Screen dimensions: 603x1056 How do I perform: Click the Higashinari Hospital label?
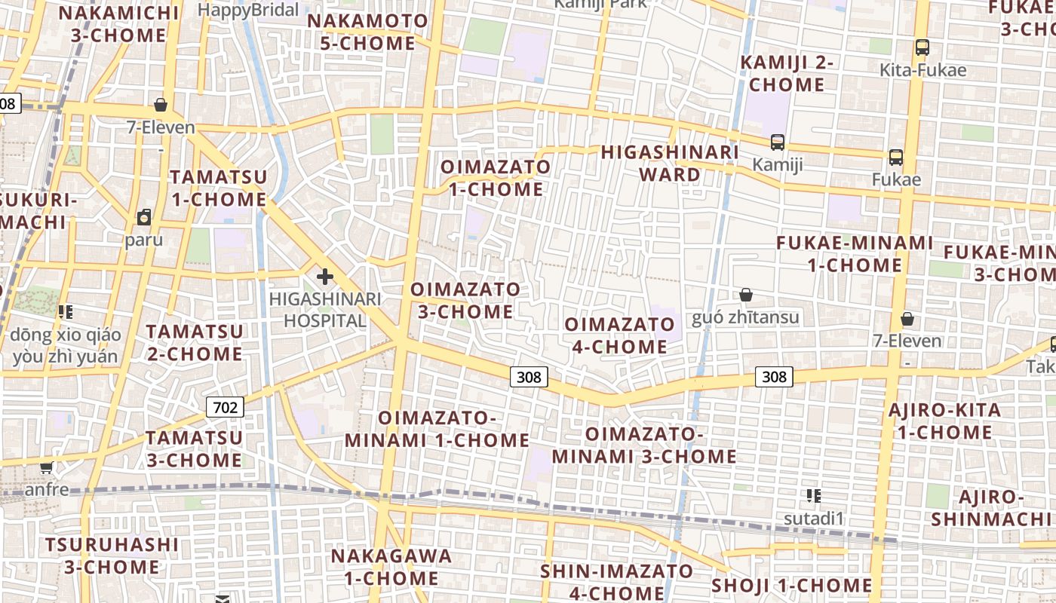pos(325,310)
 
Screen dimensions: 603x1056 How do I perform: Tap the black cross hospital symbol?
pos(325,277)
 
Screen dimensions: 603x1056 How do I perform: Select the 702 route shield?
pos(225,408)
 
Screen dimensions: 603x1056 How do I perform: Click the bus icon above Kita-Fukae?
pos(922,47)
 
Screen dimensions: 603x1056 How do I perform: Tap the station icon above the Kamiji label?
pos(778,142)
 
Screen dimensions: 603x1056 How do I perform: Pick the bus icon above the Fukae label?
pos(896,158)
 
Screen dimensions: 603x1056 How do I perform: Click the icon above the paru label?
pos(144,218)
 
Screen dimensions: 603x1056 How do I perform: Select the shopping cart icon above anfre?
pos(47,467)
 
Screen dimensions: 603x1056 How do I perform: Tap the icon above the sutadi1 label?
pos(813,495)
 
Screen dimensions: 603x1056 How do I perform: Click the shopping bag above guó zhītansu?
pos(746,295)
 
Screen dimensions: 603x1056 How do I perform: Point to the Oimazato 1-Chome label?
pos(496,178)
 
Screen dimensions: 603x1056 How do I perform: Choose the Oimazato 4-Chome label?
pos(616,335)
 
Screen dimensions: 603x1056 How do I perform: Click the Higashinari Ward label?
pos(670,164)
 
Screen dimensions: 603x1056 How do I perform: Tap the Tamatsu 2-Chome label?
pos(195,342)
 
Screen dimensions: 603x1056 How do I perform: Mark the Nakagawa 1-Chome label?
pos(391,567)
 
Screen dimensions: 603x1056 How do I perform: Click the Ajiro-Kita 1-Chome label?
pos(944,421)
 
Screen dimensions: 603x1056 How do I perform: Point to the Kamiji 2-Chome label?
pos(787,73)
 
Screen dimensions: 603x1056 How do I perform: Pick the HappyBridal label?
pos(248,10)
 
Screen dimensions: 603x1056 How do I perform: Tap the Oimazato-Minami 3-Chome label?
pos(644,445)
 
